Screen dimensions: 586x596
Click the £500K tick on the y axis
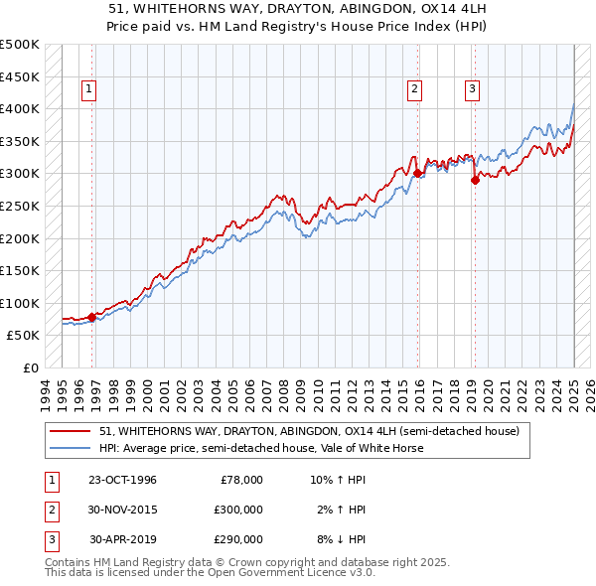(x=20, y=45)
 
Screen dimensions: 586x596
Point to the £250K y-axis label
(x=20, y=206)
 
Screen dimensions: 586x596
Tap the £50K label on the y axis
(x=24, y=336)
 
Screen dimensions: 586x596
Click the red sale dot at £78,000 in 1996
(x=92, y=317)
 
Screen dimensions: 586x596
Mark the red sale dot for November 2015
(x=417, y=173)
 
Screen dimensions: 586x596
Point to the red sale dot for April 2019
(x=475, y=180)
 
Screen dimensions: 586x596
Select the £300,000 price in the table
(x=237, y=510)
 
